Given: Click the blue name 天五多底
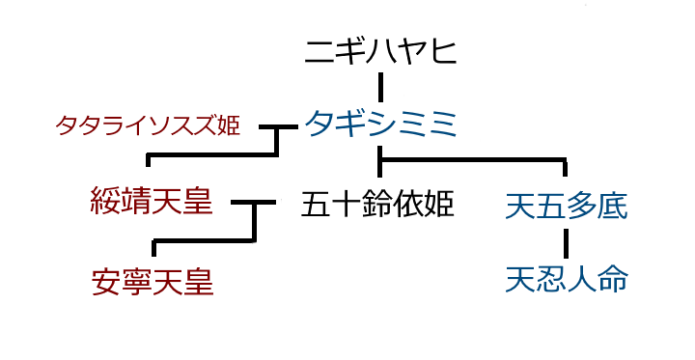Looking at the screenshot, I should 567,206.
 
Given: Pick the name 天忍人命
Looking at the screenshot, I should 567,280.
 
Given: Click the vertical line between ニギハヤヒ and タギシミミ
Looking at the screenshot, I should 381,87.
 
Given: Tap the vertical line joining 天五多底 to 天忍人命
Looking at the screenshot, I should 567,242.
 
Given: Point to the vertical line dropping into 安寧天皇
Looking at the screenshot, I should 154,249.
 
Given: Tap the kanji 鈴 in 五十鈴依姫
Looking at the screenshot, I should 377,205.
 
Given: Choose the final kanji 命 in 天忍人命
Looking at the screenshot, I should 613,280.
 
